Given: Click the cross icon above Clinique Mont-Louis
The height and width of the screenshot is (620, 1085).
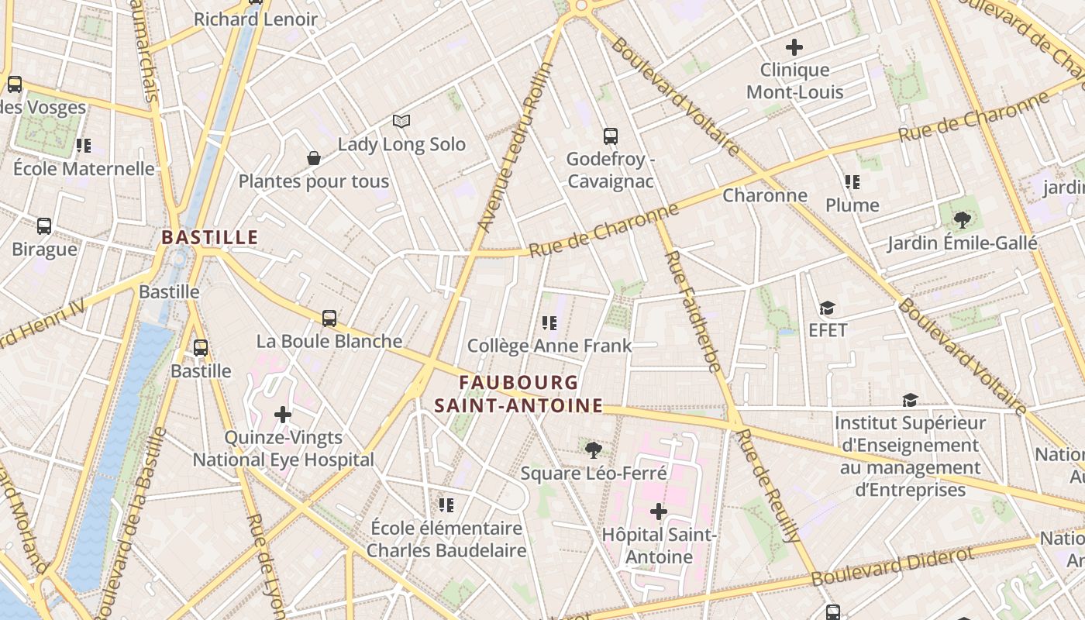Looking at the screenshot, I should click(794, 47).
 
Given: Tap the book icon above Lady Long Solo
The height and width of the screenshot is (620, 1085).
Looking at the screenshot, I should click(401, 121).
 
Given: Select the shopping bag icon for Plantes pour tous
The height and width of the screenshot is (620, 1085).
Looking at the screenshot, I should click(314, 158).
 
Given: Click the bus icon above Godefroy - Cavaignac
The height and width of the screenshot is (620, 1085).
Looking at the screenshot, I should click(611, 136).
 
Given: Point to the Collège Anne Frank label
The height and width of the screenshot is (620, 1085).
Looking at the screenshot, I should click(549, 346).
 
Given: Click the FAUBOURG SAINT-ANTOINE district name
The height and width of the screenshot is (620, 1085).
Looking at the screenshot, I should click(518, 394).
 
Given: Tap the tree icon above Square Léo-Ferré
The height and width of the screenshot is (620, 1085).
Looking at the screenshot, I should click(594, 449).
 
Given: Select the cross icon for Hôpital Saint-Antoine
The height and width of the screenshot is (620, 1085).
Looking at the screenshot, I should click(659, 511).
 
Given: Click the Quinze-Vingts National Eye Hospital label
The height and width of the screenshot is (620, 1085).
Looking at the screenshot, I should click(283, 449).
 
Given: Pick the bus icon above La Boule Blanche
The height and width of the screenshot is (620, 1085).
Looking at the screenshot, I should click(329, 318).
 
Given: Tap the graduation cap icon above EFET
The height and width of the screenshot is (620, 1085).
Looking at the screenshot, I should click(828, 308).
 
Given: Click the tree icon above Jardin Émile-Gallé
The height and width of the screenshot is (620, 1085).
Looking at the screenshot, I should click(962, 220).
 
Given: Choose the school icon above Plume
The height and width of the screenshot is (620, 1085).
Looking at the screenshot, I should click(852, 182).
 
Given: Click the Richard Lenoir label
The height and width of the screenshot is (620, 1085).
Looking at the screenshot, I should click(256, 19).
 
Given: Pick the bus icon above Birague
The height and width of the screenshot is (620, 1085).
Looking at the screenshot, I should click(44, 226).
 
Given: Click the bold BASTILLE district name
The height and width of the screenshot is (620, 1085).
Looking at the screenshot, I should click(209, 238).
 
